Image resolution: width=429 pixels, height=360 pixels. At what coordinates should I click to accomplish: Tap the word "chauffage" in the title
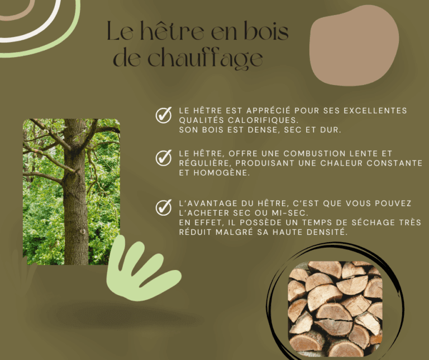point(205,58)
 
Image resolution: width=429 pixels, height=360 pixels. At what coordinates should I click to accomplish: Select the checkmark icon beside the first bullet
point(164,115)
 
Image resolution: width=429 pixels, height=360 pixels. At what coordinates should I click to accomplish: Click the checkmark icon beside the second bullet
point(164,158)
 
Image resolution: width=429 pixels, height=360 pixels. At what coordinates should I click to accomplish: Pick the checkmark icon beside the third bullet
point(164,207)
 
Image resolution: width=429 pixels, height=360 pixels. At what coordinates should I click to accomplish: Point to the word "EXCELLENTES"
point(375,111)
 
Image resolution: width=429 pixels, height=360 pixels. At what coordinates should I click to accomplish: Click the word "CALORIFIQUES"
point(262,120)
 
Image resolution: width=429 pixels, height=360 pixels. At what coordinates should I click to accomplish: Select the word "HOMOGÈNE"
point(222,173)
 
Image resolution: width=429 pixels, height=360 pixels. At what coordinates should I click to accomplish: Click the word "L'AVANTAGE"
point(208,203)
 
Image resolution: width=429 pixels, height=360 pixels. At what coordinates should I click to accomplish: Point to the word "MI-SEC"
point(290,213)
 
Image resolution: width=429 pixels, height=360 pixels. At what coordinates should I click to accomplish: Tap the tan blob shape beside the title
point(354,45)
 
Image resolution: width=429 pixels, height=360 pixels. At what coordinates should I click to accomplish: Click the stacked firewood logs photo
point(335,309)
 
